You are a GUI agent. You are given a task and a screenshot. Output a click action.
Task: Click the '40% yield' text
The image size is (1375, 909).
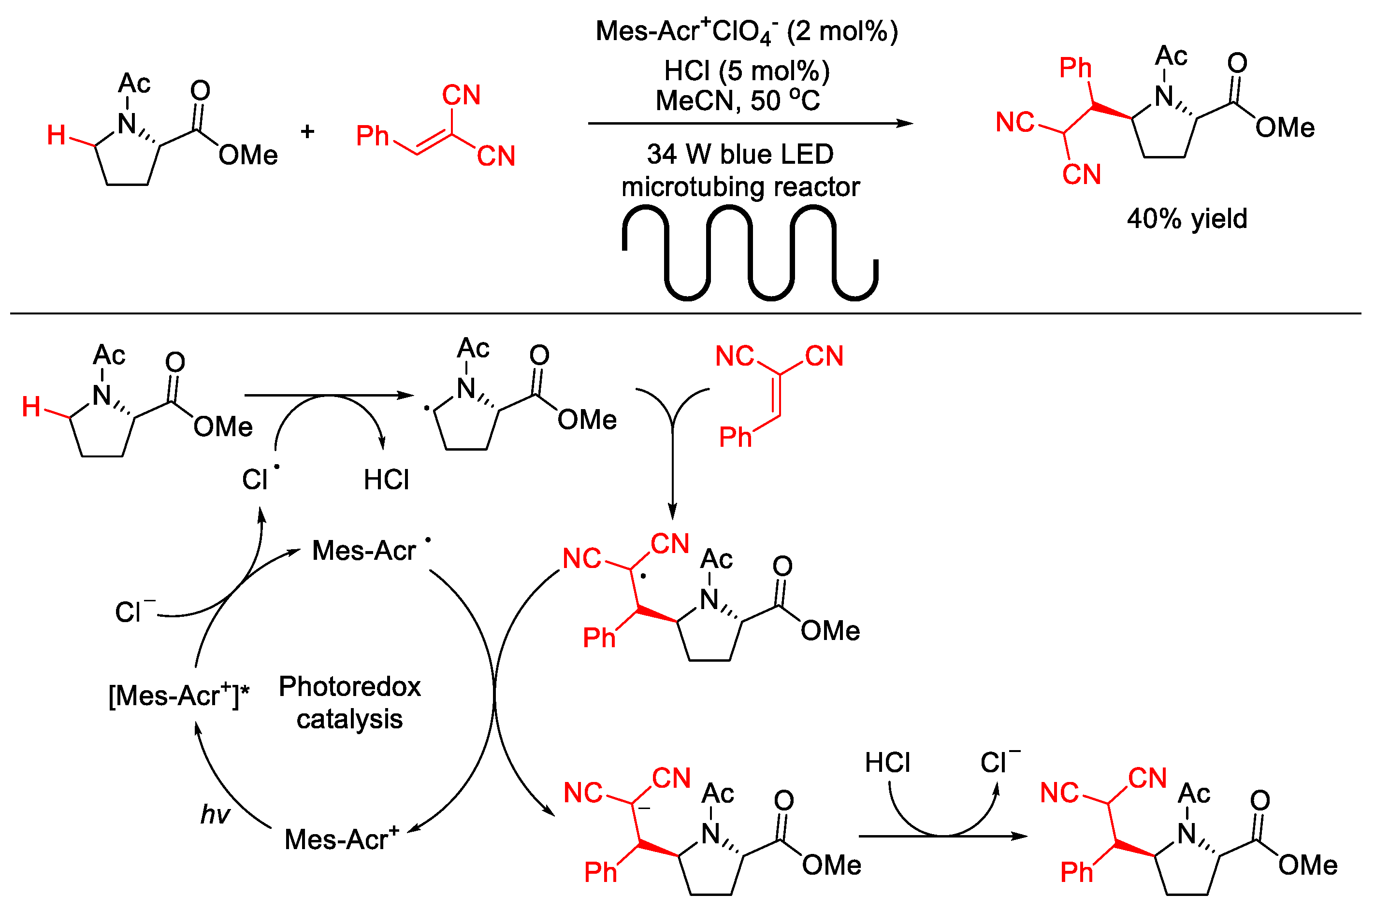(1186, 219)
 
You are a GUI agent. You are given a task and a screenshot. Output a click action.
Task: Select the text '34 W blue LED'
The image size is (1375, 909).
(740, 154)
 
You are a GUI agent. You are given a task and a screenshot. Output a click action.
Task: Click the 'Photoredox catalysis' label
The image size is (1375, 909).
(350, 703)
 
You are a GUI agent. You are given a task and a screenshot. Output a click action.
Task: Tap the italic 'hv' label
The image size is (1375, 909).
(215, 814)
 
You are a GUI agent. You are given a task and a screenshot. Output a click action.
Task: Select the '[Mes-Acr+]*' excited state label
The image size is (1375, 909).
(179, 695)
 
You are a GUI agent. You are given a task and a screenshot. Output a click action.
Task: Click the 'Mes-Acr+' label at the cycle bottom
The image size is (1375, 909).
(341, 839)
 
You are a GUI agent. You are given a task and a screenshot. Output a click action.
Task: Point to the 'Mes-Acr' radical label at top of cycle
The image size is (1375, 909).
(364, 550)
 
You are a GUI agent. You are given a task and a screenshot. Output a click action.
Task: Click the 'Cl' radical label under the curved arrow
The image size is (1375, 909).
(255, 480)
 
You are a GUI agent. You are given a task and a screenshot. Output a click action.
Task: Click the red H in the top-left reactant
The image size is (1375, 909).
(56, 135)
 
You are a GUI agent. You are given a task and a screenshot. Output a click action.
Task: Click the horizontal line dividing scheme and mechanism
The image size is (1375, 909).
(684, 313)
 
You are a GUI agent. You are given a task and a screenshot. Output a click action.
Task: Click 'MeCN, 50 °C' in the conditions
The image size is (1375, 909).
(737, 100)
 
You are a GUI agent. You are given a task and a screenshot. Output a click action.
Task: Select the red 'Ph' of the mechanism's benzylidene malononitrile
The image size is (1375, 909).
(735, 437)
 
